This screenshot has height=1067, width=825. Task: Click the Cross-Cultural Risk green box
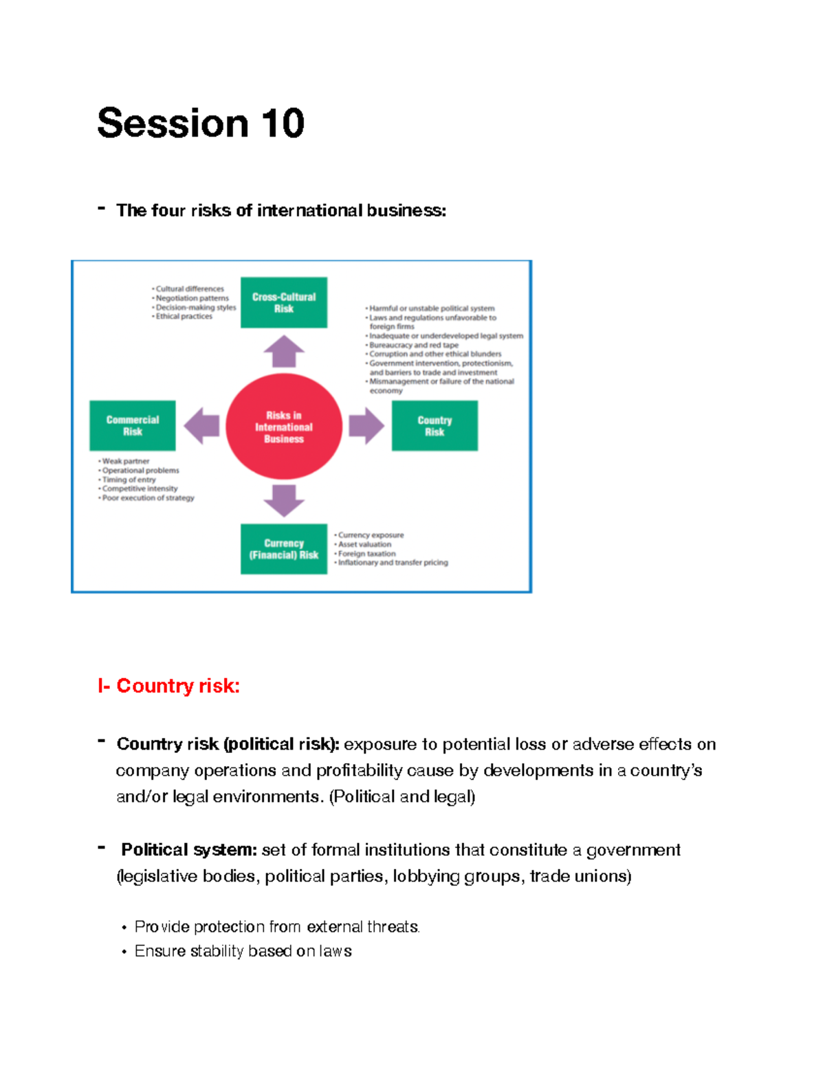tap(283, 302)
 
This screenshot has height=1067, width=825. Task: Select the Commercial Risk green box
tap(132, 425)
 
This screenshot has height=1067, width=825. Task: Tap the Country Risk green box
tap(434, 426)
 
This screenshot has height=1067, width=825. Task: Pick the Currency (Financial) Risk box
tap(283, 549)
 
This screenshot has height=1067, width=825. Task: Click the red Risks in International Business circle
tap(283, 427)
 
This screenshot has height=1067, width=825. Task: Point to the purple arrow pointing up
tap(283, 351)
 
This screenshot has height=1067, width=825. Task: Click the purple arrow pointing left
tap(202, 426)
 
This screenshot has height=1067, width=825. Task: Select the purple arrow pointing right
tap(366, 426)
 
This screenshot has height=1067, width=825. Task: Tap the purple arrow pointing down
tap(283, 499)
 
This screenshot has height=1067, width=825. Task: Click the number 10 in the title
tap(282, 124)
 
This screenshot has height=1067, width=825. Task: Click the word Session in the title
tap(173, 124)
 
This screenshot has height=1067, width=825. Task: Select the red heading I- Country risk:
tap(168, 686)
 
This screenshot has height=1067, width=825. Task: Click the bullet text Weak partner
tap(126, 461)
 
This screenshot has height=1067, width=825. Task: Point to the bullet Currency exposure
tap(371, 535)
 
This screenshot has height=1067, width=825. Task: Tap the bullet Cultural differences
tap(190, 289)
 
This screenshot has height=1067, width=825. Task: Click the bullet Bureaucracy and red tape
tap(413, 345)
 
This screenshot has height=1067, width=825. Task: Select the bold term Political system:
tap(188, 850)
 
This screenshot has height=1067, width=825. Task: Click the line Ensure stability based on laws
tap(243, 951)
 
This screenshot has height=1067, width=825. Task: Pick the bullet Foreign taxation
tap(366, 553)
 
